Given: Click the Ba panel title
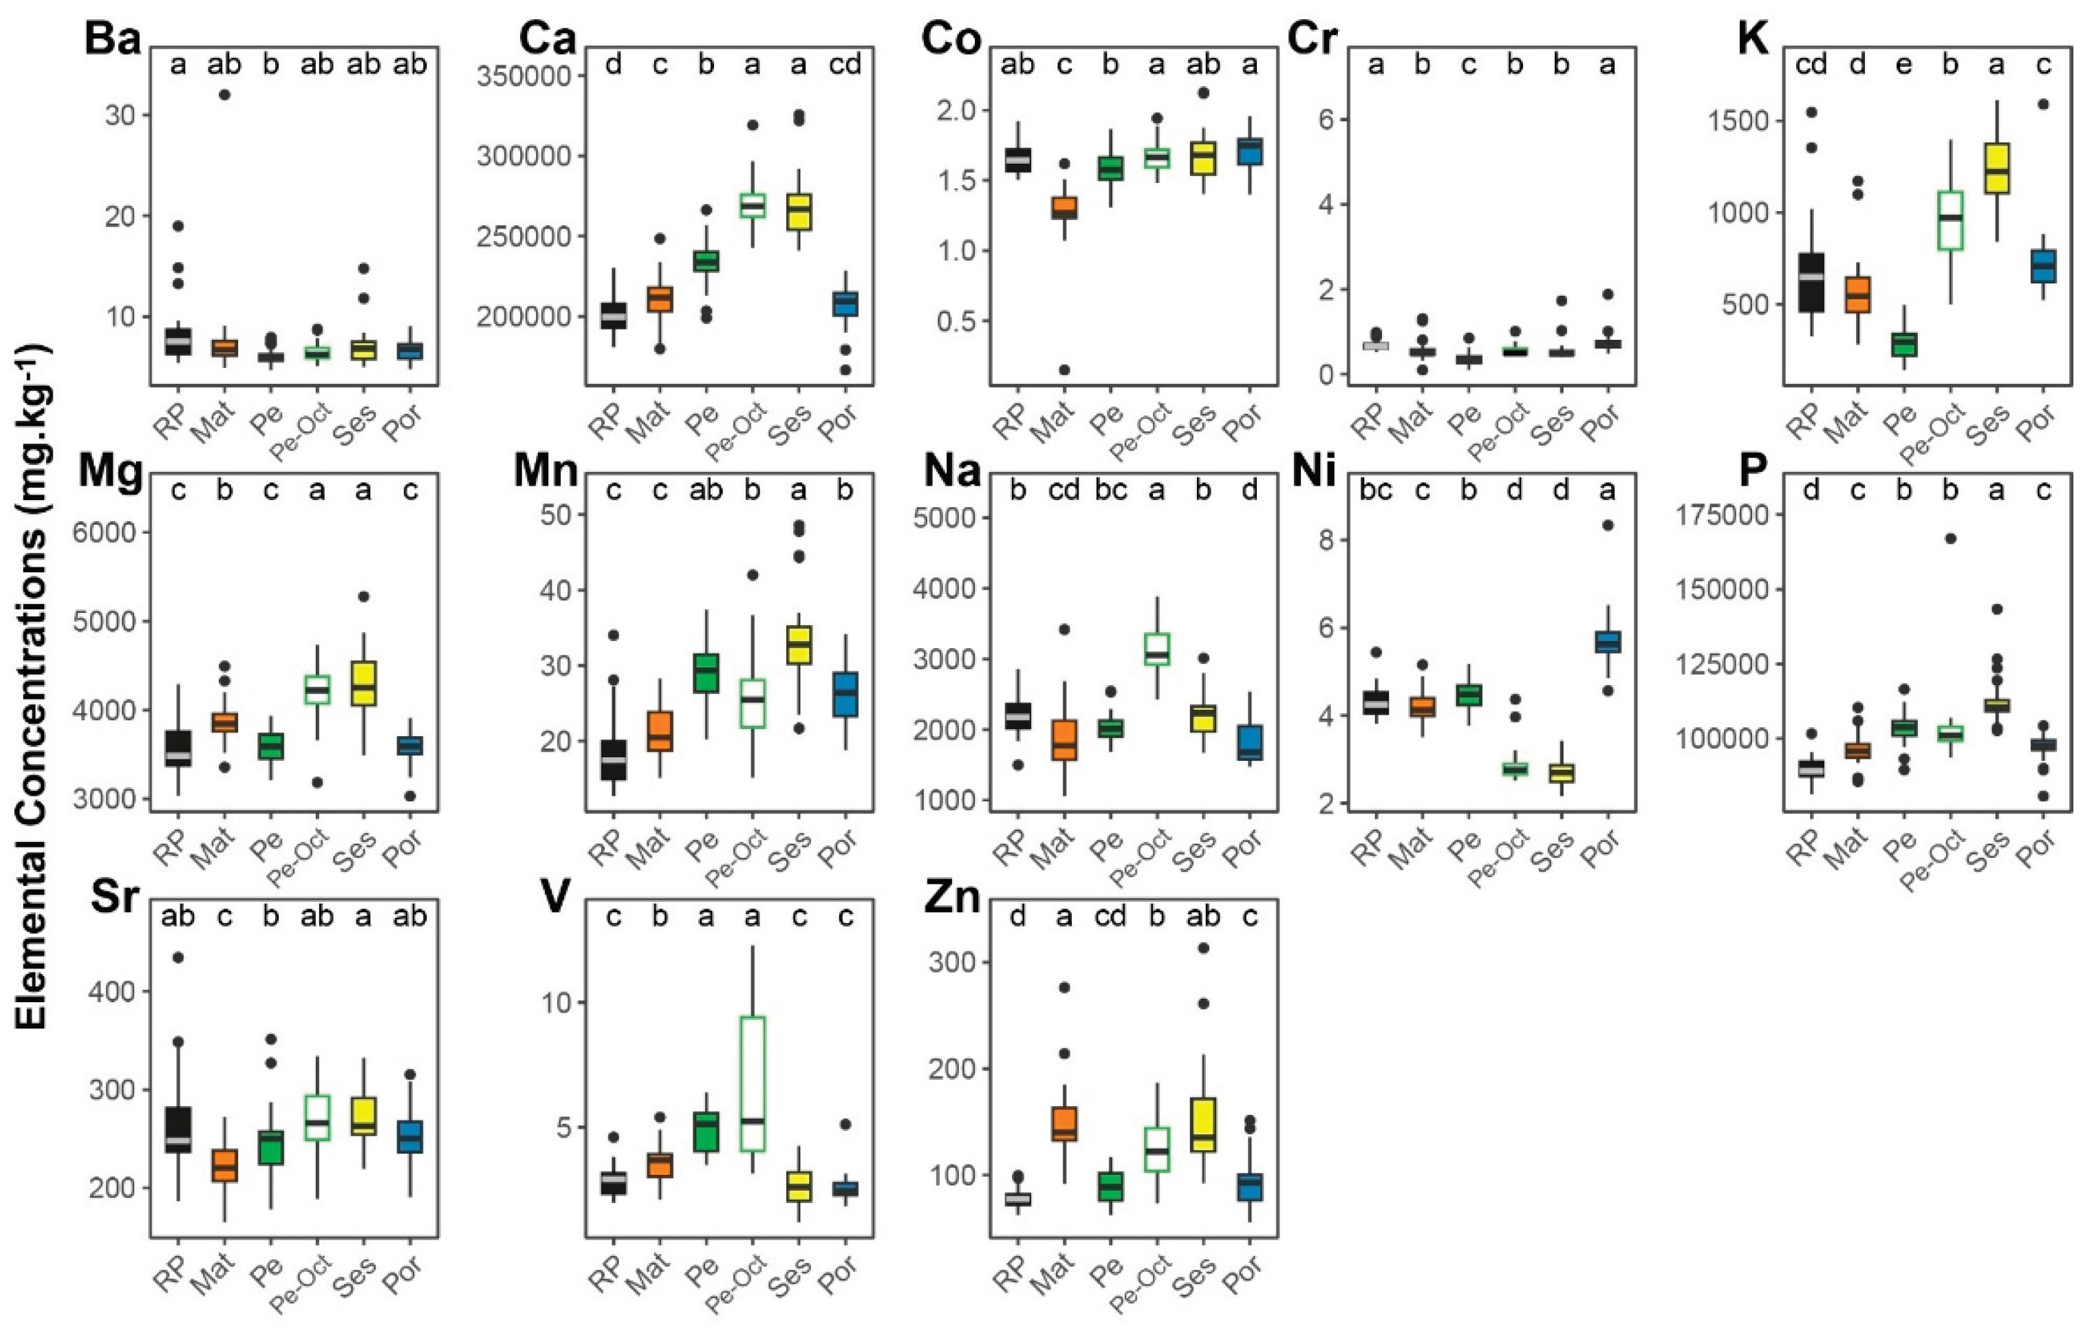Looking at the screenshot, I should click(112, 39).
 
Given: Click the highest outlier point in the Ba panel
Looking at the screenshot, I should click(224, 95).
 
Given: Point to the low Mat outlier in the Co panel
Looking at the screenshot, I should click(1064, 369).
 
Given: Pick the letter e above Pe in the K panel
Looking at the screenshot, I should click(1903, 65).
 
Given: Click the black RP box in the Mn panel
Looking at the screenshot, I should click(613, 760).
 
